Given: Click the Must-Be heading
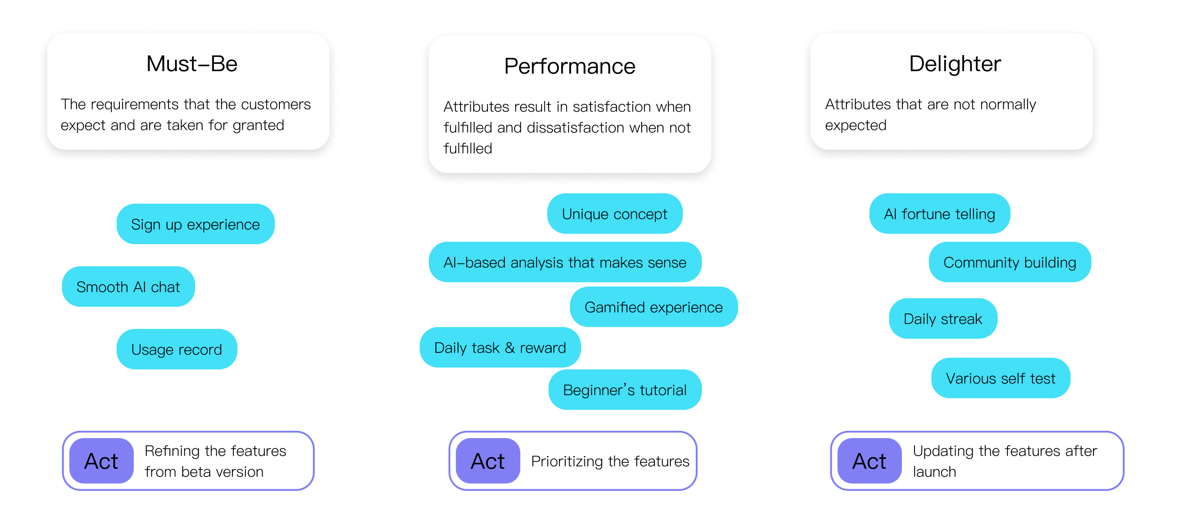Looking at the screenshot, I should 191,64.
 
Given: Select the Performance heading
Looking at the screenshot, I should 569,67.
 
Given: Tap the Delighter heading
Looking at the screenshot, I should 955,64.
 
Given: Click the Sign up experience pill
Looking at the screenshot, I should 195,225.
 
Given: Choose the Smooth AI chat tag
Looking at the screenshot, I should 128,287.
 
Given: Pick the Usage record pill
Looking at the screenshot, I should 177,349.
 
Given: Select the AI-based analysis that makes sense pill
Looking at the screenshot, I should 565,263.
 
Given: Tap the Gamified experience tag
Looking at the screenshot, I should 654,307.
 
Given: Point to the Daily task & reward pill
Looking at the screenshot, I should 500,348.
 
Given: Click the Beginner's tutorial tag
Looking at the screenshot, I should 625,390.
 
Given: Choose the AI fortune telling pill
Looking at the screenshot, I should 939,214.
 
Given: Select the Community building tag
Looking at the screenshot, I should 1010,263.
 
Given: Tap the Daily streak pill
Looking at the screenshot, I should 942,319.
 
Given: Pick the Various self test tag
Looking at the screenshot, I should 1000,378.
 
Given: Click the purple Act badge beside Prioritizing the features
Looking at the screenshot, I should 488,461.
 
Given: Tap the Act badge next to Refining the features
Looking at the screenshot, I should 101,461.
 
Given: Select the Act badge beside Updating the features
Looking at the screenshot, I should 869,461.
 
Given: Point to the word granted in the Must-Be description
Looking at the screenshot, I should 259,125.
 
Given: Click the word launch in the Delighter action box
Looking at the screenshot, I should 934,472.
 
